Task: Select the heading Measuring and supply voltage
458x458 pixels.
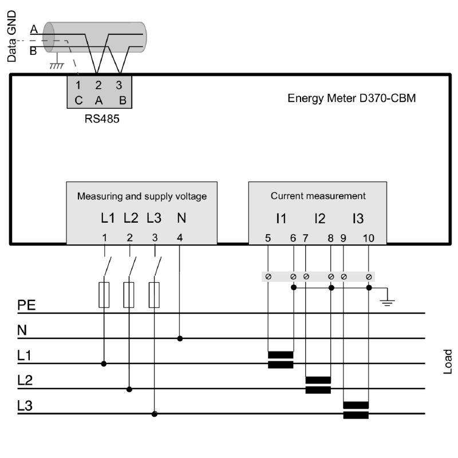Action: (x=142, y=196)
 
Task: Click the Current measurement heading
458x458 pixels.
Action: (x=318, y=196)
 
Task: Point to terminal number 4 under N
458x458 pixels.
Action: (x=180, y=237)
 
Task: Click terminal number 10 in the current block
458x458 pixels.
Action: (x=368, y=237)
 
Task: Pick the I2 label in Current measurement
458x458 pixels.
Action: (x=319, y=218)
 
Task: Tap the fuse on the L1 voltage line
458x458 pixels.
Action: (x=104, y=294)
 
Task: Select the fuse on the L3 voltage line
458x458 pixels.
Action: (x=154, y=294)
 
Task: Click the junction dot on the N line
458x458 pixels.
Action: (x=180, y=338)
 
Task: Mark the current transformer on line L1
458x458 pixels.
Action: (x=281, y=360)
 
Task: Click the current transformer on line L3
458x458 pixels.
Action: (x=356, y=410)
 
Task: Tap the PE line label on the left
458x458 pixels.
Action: (x=26, y=305)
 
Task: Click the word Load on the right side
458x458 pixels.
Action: (x=448, y=361)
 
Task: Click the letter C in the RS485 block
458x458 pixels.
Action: (x=79, y=100)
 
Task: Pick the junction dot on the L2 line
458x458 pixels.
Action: (x=129, y=389)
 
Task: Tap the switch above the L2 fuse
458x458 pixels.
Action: (x=132, y=264)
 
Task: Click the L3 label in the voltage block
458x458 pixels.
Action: (x=154, y=218)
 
